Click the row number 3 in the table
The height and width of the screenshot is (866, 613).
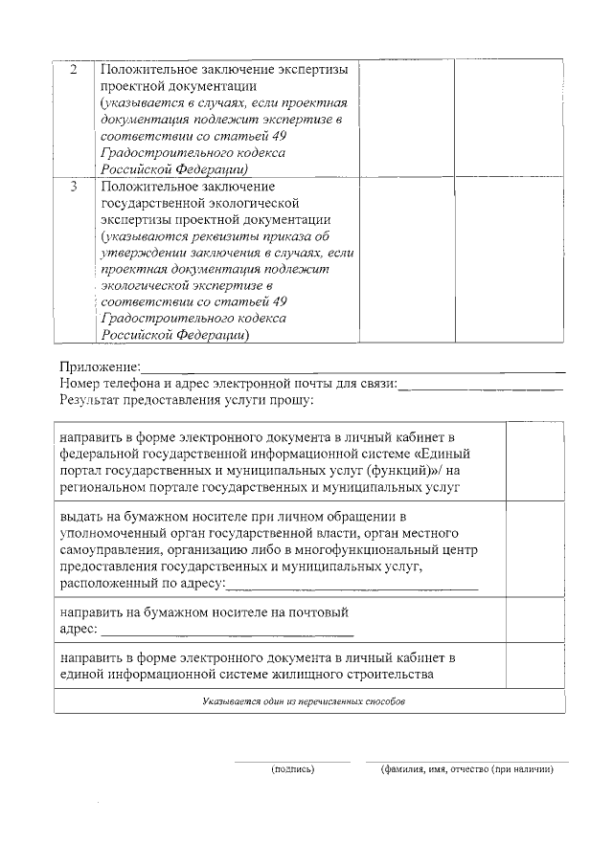tap(75, 186)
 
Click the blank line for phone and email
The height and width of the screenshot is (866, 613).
tap(480, 387)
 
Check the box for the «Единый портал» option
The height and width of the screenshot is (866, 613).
tap(534, 460)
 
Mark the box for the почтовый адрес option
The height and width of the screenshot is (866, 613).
tap(534, 620)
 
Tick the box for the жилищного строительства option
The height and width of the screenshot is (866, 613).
tap(534, 666)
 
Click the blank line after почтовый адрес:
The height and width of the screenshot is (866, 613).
tap(226, 633)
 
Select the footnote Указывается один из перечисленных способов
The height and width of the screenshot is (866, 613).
tap(304, 701)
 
